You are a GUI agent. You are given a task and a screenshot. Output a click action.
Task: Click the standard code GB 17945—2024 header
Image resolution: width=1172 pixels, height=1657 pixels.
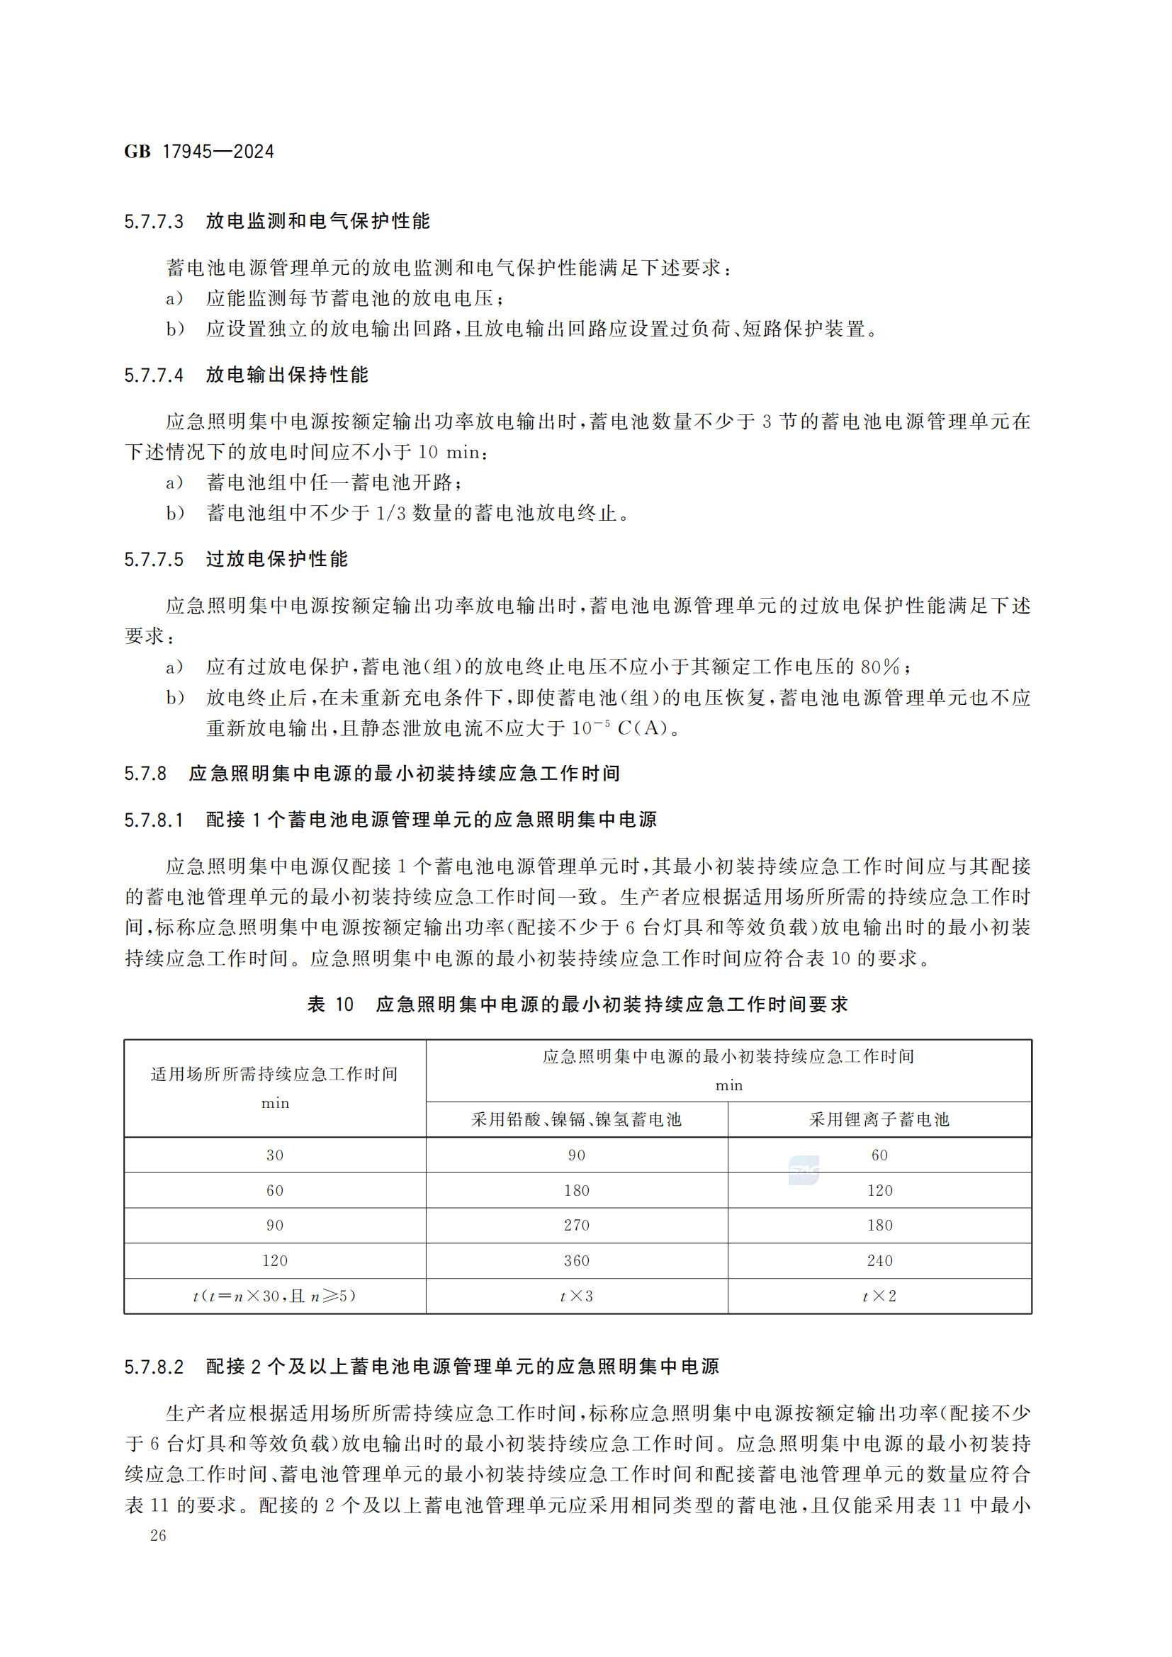pyautogui.click(x=199, y=152)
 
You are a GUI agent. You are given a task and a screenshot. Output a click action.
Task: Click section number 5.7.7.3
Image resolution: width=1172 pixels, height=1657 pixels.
pyautogui.click(x=154, y=222)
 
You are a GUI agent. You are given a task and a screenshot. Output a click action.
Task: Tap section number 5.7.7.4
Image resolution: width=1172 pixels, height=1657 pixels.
pyautogui.click(x=154, y=375)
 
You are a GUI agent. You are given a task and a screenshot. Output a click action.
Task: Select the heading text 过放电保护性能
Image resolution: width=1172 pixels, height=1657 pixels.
pyautogui.click(x=276, y=560)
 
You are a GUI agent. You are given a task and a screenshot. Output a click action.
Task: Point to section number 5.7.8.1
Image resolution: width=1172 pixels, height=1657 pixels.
pyautogui.click(x=154, y=820)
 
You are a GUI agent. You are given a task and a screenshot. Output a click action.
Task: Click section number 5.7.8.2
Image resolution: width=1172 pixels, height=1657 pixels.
pyautogui.click(x=154, y=1367)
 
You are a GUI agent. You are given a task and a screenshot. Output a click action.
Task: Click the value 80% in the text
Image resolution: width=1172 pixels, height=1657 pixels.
pyautogui.click(x=880, y=667)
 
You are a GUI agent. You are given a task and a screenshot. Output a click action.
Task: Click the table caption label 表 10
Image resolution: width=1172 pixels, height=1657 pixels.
pyautogui.click(x=330, y=1005)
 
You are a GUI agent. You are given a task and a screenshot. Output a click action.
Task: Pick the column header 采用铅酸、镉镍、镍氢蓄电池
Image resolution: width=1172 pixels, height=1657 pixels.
pyautogui.click(x=576, y=1119)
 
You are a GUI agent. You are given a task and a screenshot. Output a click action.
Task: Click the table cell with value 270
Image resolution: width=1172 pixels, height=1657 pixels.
pyautogui.click(x=577, y=1226)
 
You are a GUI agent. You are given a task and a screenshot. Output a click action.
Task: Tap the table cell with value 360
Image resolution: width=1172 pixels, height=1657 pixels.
pyautogui.click(x=577, y=1261)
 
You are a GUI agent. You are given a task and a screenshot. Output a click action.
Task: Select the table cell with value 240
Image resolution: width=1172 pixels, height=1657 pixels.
pyautogui.click(x=880, y=1261)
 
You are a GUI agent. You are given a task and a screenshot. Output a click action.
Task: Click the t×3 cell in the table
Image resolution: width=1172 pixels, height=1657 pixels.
pyautogui.click(x=577, y=1296)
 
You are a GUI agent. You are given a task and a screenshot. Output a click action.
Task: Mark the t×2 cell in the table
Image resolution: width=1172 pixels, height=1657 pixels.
pyautogui.click(x=880, y=1296)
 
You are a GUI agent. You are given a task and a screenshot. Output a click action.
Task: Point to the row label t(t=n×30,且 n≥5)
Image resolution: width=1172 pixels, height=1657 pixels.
pyautogui.click(x=274, y=1296)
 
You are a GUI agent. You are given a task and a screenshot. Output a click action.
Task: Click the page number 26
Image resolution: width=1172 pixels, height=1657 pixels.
pyautogui.click(x=158, y=1536)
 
